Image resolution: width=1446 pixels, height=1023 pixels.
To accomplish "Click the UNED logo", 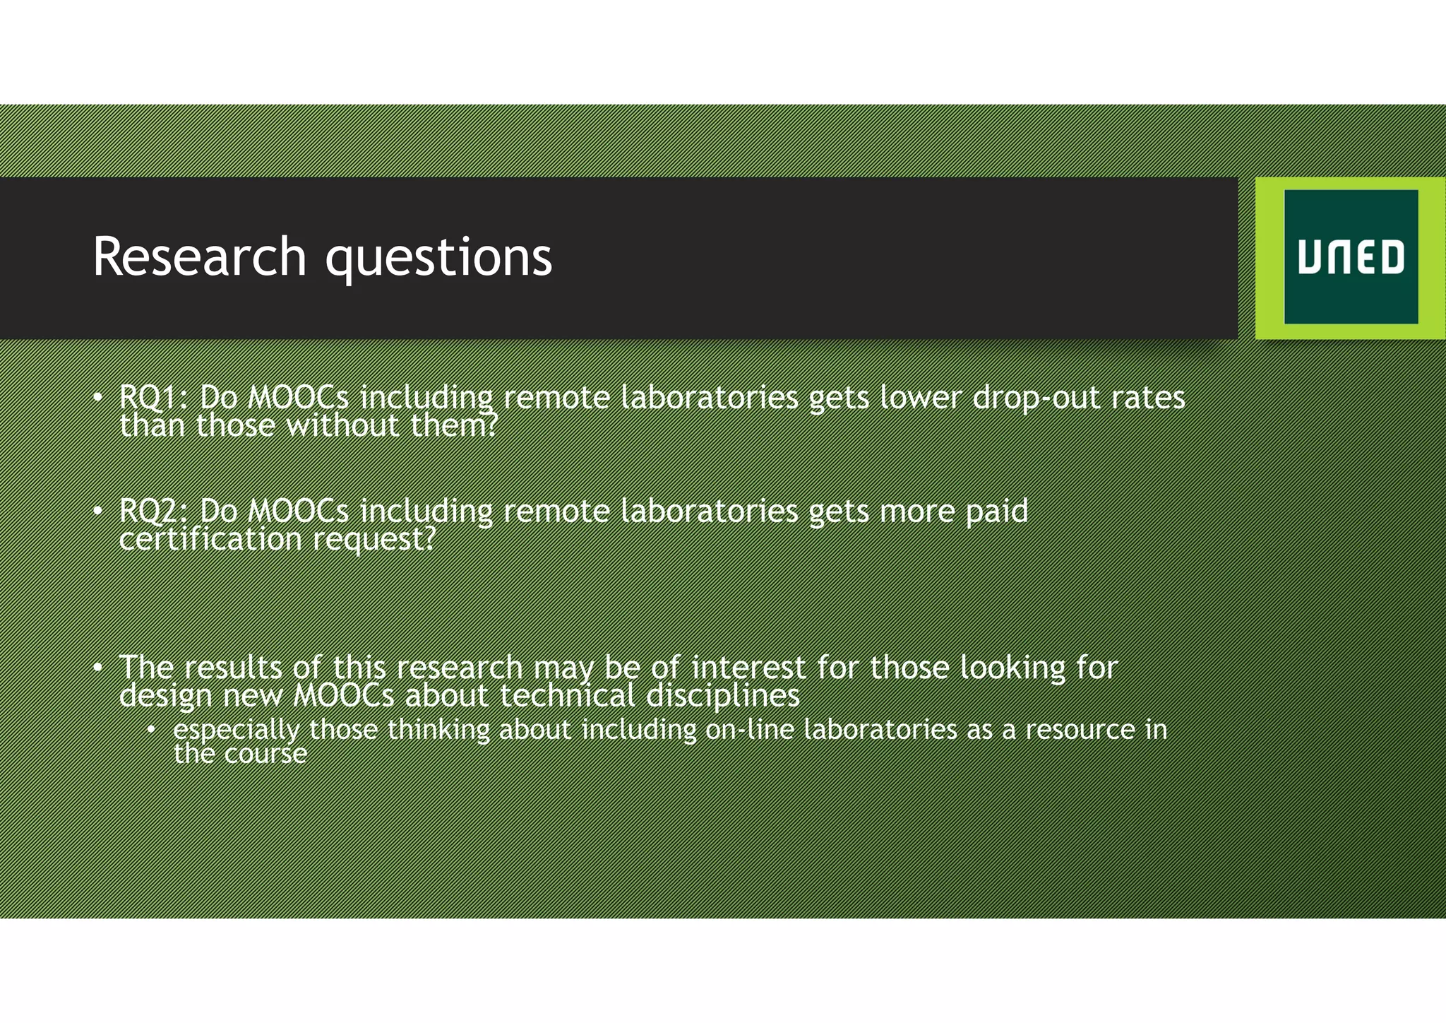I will point(1350,257).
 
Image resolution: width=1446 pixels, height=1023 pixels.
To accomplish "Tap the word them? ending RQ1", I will point(455,426).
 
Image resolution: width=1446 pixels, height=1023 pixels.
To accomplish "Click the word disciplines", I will point(723,696).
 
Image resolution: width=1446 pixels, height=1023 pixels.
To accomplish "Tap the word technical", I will point(568,696).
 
